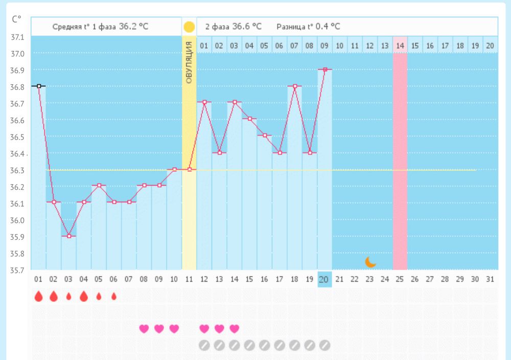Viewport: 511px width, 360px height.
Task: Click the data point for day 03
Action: tap(69, 236)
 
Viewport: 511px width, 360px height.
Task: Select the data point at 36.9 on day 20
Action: tap(325, 69)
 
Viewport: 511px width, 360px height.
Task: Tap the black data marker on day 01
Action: tap(39, 86)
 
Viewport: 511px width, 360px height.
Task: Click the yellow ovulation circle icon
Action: tap(189, 27)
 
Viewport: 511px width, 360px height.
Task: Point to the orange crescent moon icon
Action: tap(370, 262)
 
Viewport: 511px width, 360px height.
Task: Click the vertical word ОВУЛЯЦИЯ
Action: tap(189, 62)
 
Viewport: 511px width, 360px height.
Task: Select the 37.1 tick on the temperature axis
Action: tap(17, 37)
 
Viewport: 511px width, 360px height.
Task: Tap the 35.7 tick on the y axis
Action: tap(17, 270)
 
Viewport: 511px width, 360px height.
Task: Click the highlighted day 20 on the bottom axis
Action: tap(324, 279)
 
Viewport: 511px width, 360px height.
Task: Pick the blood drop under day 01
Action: tap(38, 297)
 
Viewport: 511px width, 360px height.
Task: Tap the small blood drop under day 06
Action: tap(114, 297)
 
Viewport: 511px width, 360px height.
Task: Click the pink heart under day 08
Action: tap(144, 328)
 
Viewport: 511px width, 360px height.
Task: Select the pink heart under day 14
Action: tap(235, 328)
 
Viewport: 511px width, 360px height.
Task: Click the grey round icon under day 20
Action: tap(324, 345)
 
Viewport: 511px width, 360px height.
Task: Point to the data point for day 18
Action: tap(295, 86)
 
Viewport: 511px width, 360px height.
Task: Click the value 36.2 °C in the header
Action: tap(133, 27)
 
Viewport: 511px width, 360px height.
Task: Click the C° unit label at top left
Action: tap(17, 19)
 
